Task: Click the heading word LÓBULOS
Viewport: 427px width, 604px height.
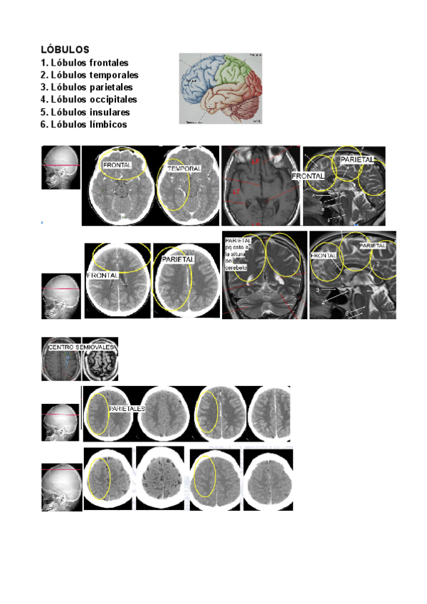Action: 65,50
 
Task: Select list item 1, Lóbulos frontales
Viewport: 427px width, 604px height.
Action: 85,63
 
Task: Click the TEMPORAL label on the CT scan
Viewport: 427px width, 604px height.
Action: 184,169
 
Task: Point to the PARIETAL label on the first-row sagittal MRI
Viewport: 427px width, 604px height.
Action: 357,160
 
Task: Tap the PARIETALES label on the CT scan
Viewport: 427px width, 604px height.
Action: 127,409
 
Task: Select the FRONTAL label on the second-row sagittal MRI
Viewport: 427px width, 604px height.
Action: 325,255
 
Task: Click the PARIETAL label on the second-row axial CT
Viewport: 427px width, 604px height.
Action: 179,260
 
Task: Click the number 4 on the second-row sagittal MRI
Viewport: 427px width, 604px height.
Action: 324,303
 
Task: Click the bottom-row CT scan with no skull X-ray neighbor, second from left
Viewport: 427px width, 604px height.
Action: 160,479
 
